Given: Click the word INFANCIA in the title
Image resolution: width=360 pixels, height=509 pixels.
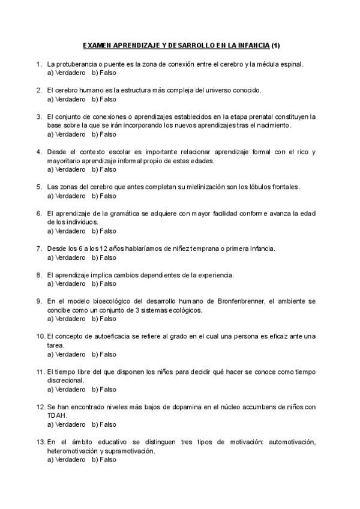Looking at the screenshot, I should (x=254, y=46).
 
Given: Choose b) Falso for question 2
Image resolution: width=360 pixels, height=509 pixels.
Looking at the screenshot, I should (x=104, y=99).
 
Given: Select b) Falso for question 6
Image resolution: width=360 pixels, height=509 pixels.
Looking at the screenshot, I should (x=104, y=231).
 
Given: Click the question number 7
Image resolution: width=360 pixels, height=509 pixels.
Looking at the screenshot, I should (x=39, y=248).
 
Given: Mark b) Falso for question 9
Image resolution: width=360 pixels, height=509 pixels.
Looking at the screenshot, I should (x=104, y=319).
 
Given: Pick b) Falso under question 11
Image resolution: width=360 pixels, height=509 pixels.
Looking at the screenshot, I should (x=104, y=389).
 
